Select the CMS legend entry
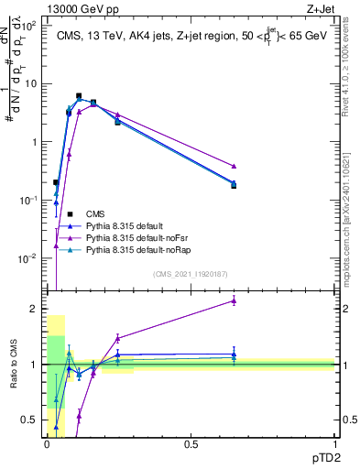tap(96, 213)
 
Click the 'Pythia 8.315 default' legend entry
tap(125, 225)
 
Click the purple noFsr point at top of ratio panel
tap(234, 300)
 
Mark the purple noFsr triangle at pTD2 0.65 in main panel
tap(234, 166)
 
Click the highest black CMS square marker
tap(79, 95)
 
